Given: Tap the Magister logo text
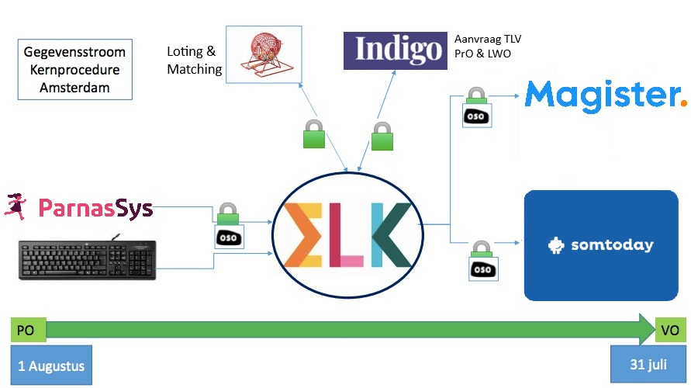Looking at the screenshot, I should click(601, 95).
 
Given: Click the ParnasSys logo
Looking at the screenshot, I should click(79, 207).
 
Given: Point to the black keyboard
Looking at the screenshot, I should click(87, 260).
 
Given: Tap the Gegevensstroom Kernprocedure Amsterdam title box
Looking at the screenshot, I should click(74, 70).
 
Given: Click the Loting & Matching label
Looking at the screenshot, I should click(194, 61).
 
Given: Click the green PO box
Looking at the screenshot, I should click(29, 330).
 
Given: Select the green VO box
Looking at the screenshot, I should click(670, 330).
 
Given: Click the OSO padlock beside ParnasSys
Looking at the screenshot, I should click(227, 226).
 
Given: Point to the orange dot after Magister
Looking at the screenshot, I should click(682, 101).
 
